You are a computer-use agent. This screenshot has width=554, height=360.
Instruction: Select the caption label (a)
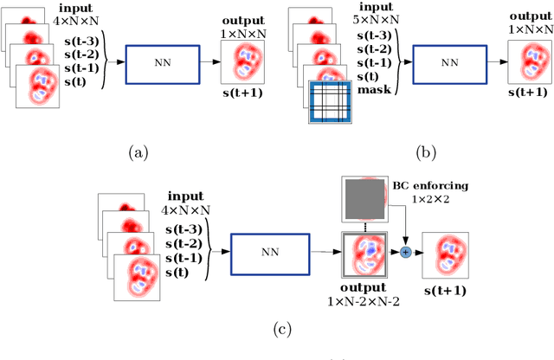tap(138, 153)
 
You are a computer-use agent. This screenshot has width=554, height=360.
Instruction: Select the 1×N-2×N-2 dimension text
tap(368, 300)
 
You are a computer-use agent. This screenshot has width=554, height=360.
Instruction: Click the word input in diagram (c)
tap(185, 196)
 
